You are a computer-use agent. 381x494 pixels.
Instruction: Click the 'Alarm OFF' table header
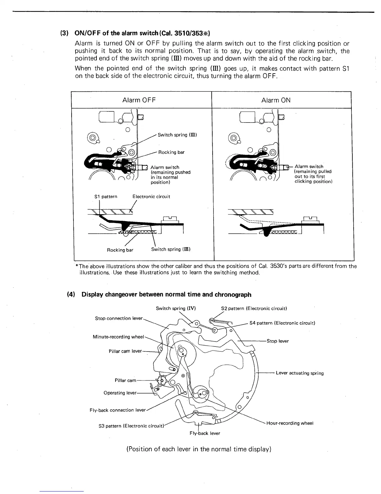click(139, 100)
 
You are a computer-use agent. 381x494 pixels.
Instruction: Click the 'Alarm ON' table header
click(276, 100)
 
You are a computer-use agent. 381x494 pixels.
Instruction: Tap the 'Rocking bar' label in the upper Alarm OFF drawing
click(171, 152)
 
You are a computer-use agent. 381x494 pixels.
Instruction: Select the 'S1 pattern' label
click(106, 196)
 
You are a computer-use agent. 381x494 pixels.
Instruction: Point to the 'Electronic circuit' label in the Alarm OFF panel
click(151, 196)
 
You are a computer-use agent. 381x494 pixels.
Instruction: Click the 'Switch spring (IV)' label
click(176, 308)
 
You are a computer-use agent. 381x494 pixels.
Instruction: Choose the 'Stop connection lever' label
click(119, 318)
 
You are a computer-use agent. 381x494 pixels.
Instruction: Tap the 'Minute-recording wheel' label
click(118, 337)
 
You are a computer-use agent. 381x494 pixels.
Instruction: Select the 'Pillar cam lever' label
click(125, 351)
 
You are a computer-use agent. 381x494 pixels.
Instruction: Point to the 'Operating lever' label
click(120, 393)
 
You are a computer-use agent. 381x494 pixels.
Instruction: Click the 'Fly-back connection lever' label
click(117, 410)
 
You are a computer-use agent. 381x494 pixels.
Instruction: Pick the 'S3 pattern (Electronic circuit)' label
click(131, 426)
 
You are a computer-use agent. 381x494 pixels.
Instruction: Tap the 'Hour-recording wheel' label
click(290, 423)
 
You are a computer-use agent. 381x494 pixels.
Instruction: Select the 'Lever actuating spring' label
click(299, 373)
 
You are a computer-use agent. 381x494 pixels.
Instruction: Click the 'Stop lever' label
click(278, 341)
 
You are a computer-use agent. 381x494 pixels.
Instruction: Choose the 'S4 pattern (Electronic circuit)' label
click(282, 323)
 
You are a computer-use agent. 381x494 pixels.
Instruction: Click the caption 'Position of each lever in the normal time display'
click(199, 449)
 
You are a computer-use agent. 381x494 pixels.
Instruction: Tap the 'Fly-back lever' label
click(205, 433)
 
